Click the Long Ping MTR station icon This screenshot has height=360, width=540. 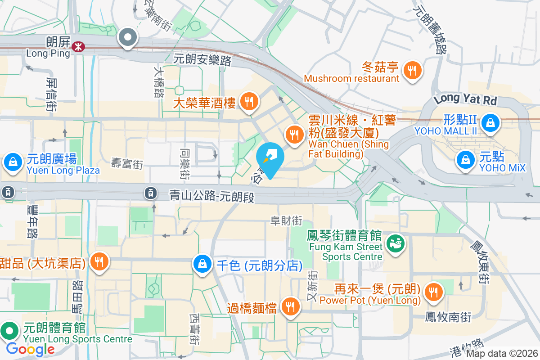[79, 47]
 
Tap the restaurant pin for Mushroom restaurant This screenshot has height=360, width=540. [412, 70]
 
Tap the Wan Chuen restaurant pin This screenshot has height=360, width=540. [294, 134]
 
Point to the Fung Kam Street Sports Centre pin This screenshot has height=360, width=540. [396, 243]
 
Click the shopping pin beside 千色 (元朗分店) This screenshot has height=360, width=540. [203, 263]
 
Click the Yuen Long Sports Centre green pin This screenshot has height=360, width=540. [9, 331]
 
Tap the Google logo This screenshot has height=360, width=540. [31, 349]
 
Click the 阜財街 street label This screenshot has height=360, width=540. [286, 220]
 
